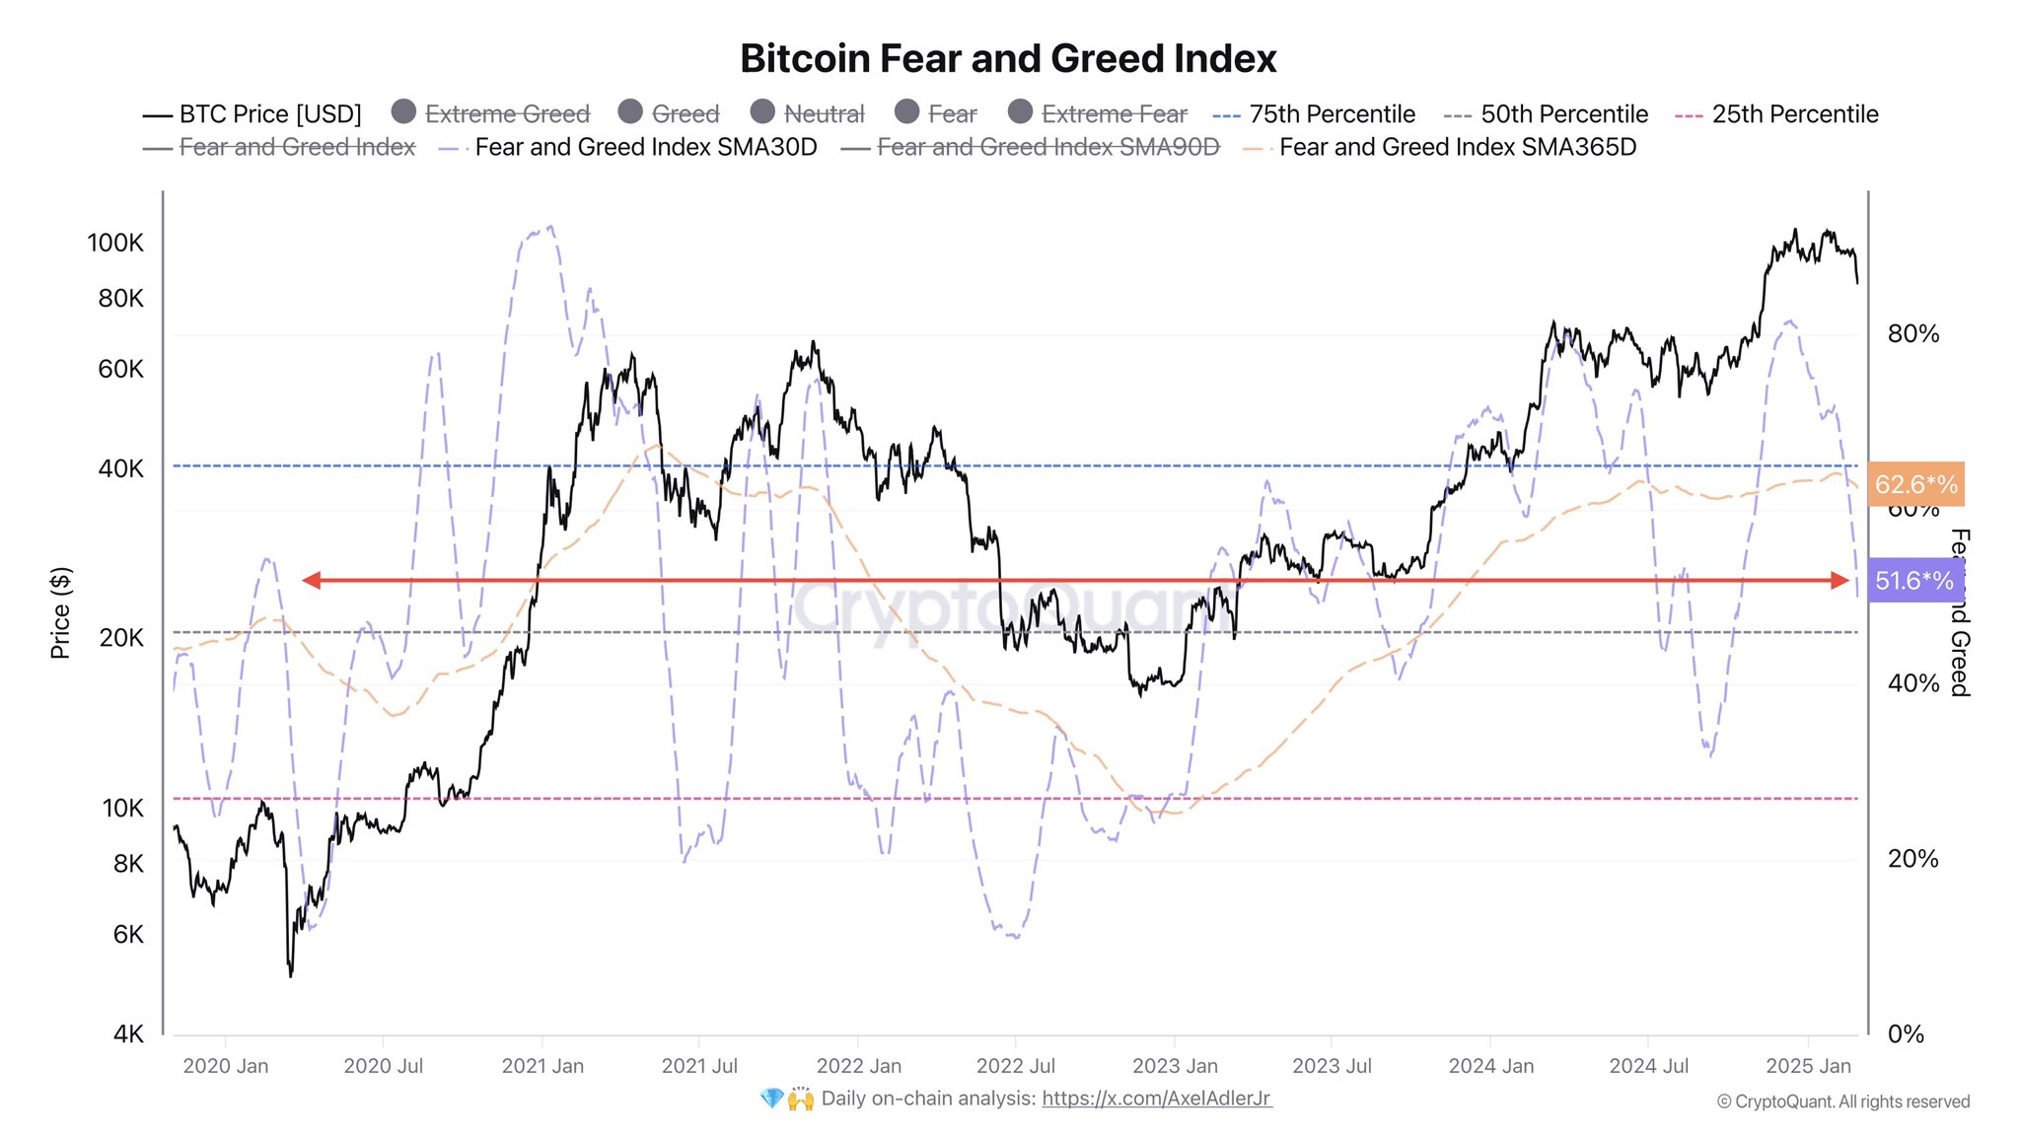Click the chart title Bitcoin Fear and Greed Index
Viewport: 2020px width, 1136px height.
pyautogui.click(x=1008, y=59)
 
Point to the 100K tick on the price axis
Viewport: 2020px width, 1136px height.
pyautogui.click(x=115, y=243)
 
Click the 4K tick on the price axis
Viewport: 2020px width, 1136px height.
pyautogui.click(x=128, y=1033)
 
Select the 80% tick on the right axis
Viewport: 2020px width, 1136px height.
pyautogui.click(x=1912, y=334)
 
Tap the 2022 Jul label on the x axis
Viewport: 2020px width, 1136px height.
pyautogui.click(x=1015, y=1066)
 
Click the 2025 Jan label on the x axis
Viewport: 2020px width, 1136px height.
pyautogui.click(x=1808, y=1066)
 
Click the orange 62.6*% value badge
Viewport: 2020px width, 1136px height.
pyautogui.click(x=1915, y=484)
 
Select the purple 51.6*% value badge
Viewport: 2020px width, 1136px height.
pyautogui.click(x=1913, y=581)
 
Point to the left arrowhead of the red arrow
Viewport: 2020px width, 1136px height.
pyautogui.click(x=311, y=581)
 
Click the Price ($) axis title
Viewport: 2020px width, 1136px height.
pyautogui.click(x=60, y=612)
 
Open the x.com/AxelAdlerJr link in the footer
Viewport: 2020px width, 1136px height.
pyautogui.click(x=1156, y=1099)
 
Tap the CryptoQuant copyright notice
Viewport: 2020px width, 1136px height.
pyautogui.click(x=1842, y=1101)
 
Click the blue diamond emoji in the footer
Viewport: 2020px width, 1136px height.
pyautogui.click(x=771, y=1099)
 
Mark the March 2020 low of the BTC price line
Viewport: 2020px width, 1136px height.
pyautogui.click(x=290, y=975)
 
